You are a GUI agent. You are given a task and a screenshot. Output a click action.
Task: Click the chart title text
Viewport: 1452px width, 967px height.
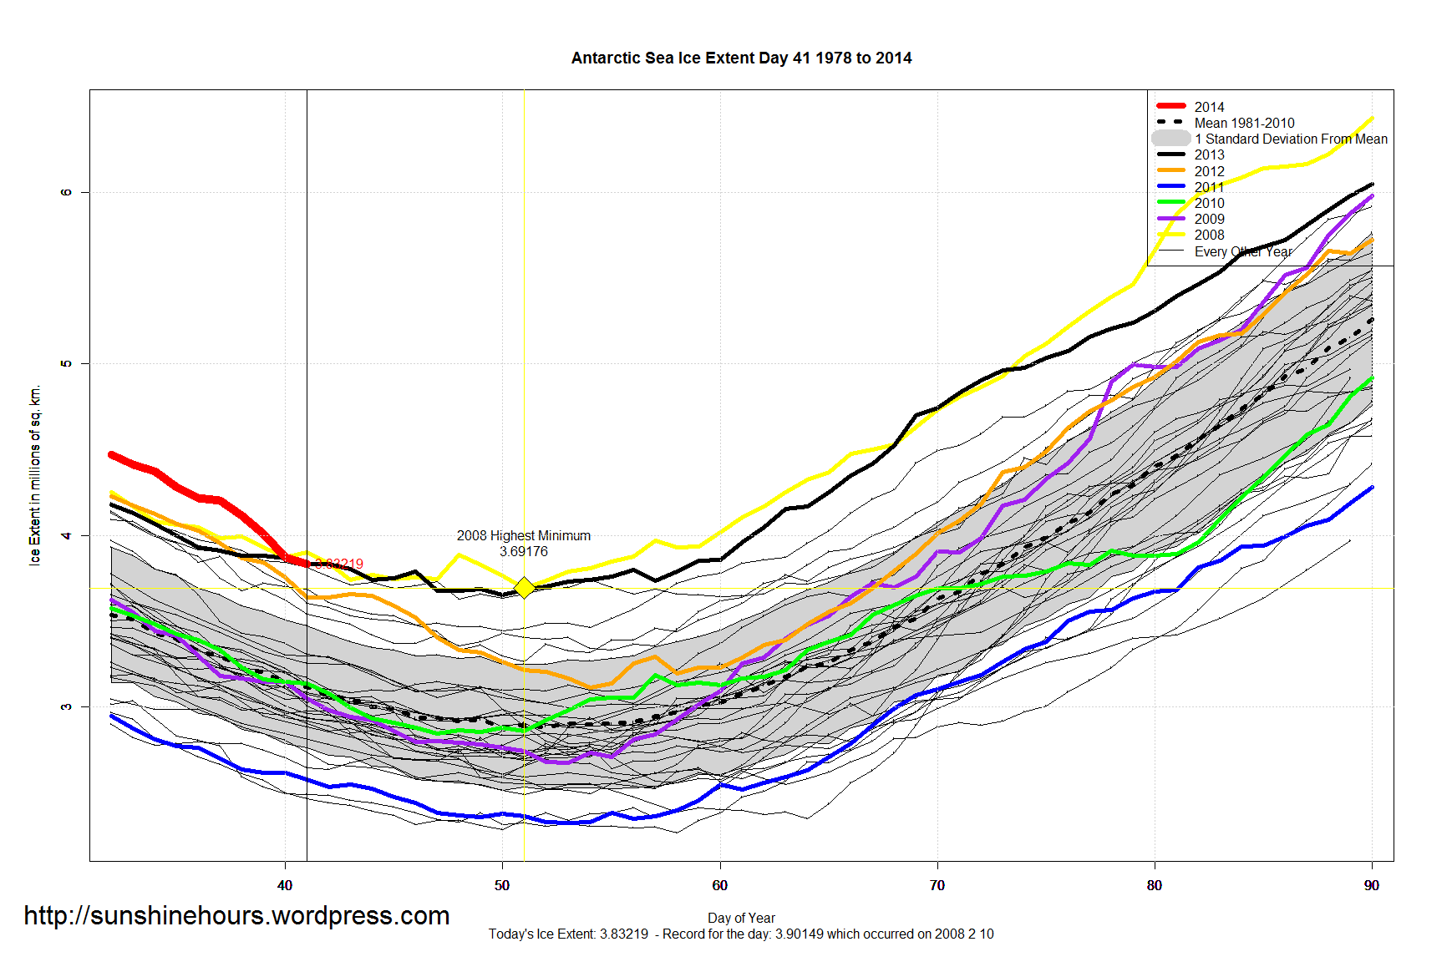coord(741,58)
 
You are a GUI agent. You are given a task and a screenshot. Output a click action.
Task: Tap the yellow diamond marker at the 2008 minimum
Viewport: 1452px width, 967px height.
coord(524,588)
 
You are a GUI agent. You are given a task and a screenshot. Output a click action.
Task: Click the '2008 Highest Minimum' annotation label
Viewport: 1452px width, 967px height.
coord(523,535)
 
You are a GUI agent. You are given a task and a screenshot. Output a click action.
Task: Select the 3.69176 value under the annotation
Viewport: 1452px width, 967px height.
coord(524,551)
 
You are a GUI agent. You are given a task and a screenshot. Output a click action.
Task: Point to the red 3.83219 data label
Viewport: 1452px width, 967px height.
coord(340,564)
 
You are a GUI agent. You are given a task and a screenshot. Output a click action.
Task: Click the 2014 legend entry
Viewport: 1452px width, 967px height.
coord(1208,107)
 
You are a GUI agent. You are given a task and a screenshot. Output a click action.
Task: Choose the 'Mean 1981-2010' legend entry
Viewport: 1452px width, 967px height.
coord(1243,123)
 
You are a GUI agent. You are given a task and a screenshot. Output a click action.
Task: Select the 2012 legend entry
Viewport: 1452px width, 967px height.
coord(1208,171)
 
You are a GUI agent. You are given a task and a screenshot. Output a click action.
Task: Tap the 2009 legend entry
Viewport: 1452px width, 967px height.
coord(1208,219)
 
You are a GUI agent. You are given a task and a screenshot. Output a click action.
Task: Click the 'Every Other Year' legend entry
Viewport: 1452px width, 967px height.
coord(1242,251)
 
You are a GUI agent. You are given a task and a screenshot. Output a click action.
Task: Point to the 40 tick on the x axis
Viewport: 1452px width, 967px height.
coord(285,885)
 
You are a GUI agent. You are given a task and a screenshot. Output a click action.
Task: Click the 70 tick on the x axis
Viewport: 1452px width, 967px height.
coord(937,885)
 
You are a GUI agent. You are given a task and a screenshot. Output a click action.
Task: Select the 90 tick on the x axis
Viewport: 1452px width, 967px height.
coord(1372,885)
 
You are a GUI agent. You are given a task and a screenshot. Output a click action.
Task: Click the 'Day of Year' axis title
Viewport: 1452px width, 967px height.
coord(741,918)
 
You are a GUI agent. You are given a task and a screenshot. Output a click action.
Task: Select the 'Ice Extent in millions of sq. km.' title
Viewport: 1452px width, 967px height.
coord(35,475)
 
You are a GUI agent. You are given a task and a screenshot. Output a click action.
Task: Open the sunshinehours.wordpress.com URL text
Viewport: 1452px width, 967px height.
coord(236,916)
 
